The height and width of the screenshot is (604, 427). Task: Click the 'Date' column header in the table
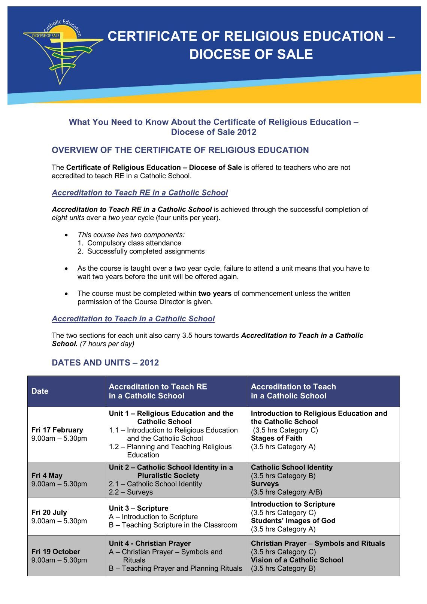pos(40,391)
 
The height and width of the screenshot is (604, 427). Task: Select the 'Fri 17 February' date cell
pos(57,430)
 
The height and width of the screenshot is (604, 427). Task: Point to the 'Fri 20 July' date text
pos(49,512)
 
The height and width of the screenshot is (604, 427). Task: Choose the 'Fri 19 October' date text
pos(56,552)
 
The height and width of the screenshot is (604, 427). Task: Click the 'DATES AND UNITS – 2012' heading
pos(105,362)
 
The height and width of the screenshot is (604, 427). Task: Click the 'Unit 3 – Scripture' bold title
pos(139,508)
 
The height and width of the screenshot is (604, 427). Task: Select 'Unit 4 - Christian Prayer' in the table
pos(150,543)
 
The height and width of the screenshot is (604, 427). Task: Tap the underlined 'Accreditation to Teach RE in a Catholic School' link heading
pos(140,192)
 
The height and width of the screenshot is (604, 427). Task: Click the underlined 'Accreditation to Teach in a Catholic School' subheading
pos(133,319)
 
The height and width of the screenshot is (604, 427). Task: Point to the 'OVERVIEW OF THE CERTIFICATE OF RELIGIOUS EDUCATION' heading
pos(180,150)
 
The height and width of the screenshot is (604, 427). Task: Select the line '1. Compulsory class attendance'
pos(130,243)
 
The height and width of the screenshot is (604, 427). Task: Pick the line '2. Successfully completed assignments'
pos(141,251)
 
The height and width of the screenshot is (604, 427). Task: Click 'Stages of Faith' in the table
pos(276,438)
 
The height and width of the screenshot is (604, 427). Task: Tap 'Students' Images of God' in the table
pos(293,520)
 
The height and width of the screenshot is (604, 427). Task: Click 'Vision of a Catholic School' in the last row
pos(297,560)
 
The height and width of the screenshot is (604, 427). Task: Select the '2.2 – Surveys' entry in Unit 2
pos(131,492)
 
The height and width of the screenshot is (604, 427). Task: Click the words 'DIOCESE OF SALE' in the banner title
pos(251,54)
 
